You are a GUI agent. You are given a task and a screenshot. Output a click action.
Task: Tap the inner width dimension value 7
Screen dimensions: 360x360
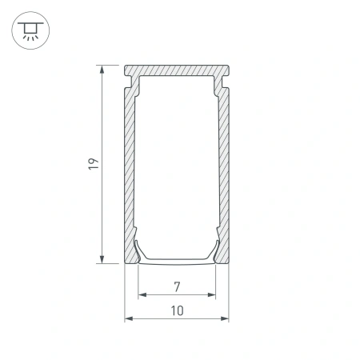(x=177, y=286)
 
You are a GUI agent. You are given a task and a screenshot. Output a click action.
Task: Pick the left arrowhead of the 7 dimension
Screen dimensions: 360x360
(x=142, y=294)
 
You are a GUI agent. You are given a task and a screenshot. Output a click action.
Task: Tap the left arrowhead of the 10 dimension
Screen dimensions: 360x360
(x=128, y=318)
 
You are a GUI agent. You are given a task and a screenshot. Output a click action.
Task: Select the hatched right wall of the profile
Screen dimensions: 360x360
(x=225, y=168)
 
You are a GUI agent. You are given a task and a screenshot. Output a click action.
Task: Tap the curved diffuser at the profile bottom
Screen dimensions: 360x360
(x=177, y=260)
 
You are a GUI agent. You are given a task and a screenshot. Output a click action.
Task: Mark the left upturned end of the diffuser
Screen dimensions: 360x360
(x=138, y=249)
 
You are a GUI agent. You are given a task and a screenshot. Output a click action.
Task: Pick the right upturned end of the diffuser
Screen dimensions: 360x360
(x=216, y=249)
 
